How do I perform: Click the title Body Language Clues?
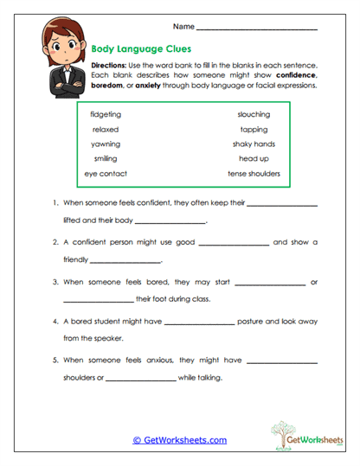pos(141,49)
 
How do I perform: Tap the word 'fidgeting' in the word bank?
pos(106,114)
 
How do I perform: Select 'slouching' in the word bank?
pos(254,114)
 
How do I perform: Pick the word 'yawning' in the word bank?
pos(106,144)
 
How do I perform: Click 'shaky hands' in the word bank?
pos(254,144)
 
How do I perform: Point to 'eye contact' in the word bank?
pos(106,174)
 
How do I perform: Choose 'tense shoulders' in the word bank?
pos(254,174)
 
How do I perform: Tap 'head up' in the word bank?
pos(254,159)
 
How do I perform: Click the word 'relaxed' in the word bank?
pos(106,129)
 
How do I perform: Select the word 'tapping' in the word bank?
pos(254,129)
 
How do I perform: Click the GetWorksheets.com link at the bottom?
pos(180,440)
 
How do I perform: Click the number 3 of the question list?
pos(55,283)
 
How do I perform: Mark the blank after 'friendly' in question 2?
pos(126,261)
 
